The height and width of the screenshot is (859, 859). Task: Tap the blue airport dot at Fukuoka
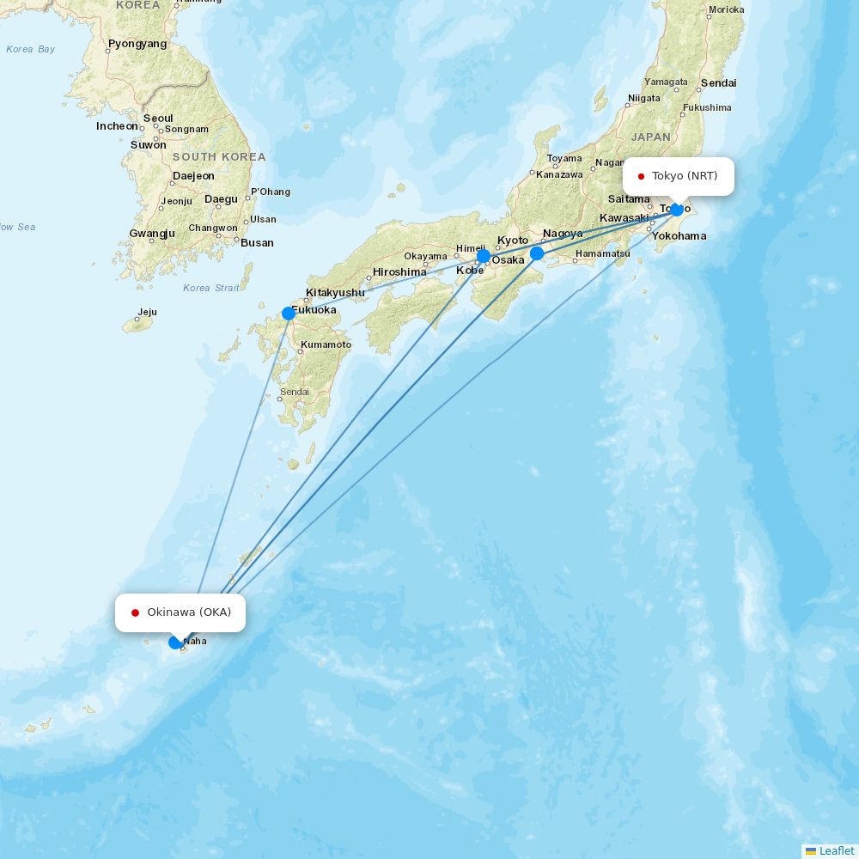[x=289, y=314]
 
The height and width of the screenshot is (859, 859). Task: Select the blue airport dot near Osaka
[x=484, y=256]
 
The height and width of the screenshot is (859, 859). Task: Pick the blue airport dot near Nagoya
[x=537, y=253]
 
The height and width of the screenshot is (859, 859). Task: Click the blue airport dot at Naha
[x=175, y=642]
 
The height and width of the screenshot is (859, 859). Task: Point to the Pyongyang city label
[x=137, y=44]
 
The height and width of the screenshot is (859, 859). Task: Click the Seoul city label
[x=158, y=119]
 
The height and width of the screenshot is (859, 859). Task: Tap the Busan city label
[x=257, y=243]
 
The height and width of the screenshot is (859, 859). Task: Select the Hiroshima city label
[x=399, y=272]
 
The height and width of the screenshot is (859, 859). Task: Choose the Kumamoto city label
[x=326, y=345]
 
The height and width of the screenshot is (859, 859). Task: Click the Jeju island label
[x=147, y=313]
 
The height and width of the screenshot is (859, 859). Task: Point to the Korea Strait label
[x=211, y=288]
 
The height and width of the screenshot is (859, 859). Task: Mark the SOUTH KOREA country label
[x=219, y=157]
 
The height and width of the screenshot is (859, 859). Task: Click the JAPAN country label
[x=650, y=137]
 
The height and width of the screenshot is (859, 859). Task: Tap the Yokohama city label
[x=679, y=236]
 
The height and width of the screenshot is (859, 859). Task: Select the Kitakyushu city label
[x=335, y=293]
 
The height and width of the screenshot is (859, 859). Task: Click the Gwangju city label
[x=152, y=234]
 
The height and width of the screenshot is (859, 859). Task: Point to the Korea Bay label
[x=30, y=49]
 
